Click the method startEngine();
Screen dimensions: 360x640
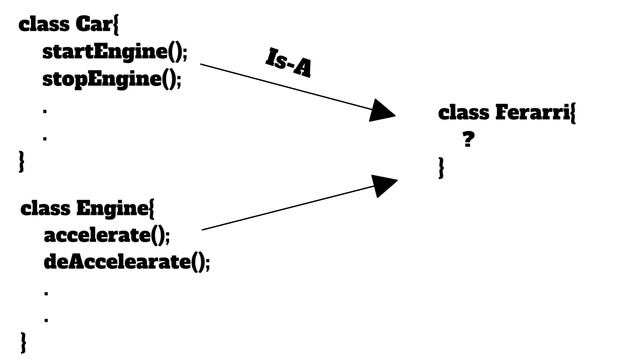(x=114, y=52)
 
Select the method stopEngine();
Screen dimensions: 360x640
(x=112, y=79)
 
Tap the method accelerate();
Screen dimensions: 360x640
(x=107, y=236)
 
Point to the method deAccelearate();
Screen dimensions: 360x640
(x=127, y=263)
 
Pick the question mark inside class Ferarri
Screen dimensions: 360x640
(x=467, y=140)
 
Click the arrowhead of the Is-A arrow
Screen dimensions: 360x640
(x=384, y=110)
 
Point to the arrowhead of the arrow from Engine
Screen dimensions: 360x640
(x=385, y=184)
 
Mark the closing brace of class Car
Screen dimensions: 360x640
(x=23, y=159)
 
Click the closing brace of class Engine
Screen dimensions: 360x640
(x=25, y=343)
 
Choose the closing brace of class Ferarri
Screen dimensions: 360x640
(x=441, y=169)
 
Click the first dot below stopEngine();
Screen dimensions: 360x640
(x=45, y=108)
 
